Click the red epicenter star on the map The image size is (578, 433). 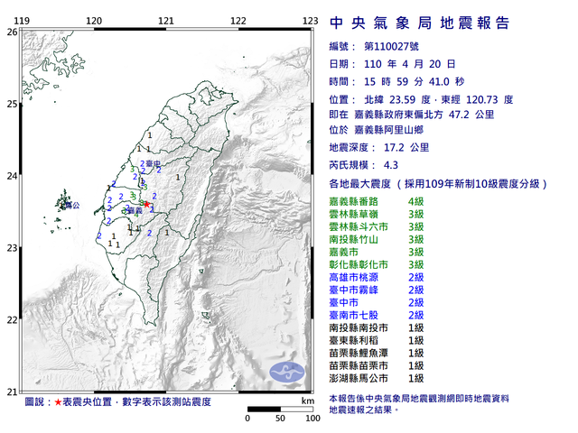pos(145,205)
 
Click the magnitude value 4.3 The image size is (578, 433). pos(390,165)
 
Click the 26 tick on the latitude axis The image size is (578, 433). pos(12,32)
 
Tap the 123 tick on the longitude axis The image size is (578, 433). pos(310,20)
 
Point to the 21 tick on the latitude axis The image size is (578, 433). pos(12,391)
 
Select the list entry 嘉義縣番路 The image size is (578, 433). pos(357,201)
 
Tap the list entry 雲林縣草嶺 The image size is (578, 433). pos(357,214)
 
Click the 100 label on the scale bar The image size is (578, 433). pos(312,419)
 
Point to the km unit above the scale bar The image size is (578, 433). pos(308,399)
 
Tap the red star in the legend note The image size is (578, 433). pos(59,400)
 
